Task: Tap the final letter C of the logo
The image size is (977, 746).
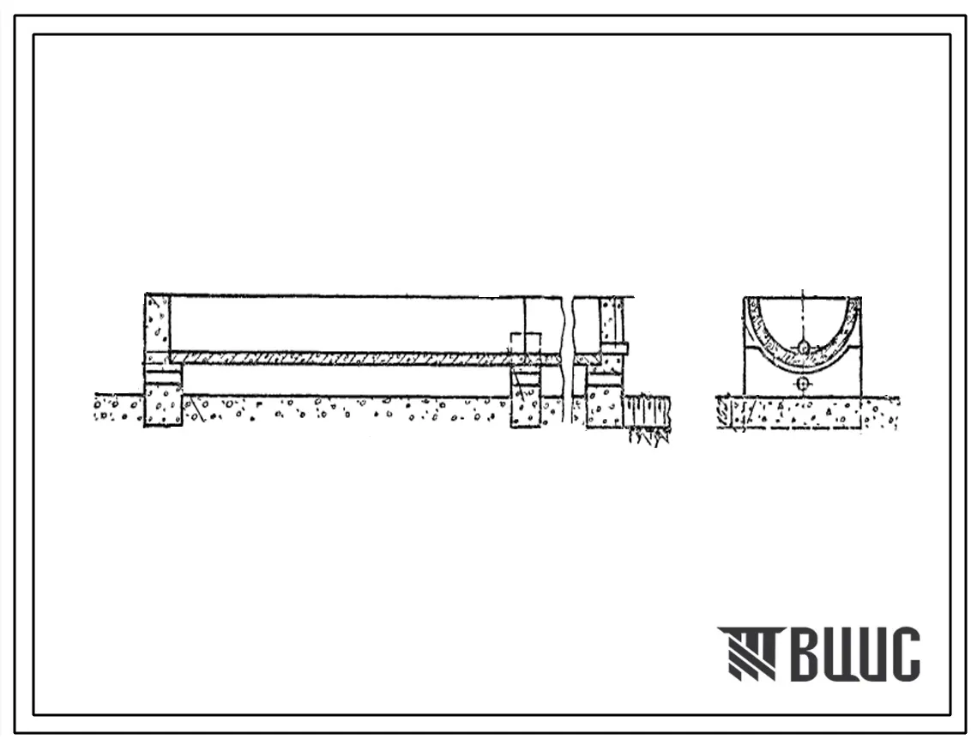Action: coord(905,653)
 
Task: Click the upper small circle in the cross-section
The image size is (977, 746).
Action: coord(804,347)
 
